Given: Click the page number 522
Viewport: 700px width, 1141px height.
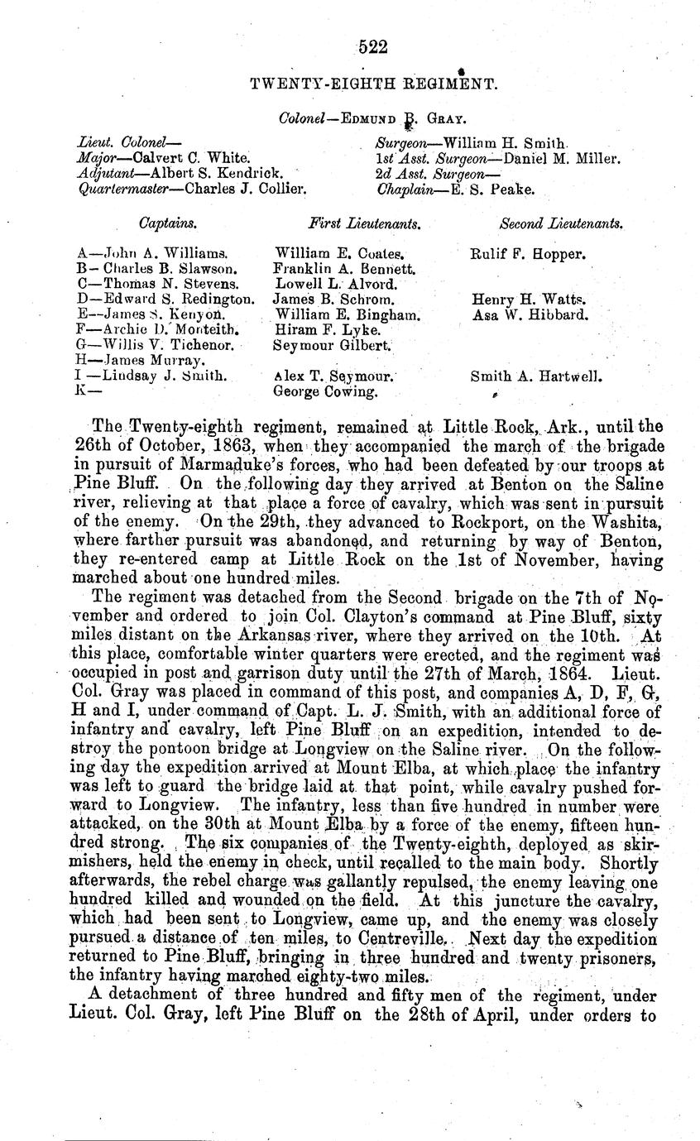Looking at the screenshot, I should (374, 46).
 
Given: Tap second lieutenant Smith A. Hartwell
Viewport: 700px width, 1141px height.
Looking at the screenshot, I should (536, 376).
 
